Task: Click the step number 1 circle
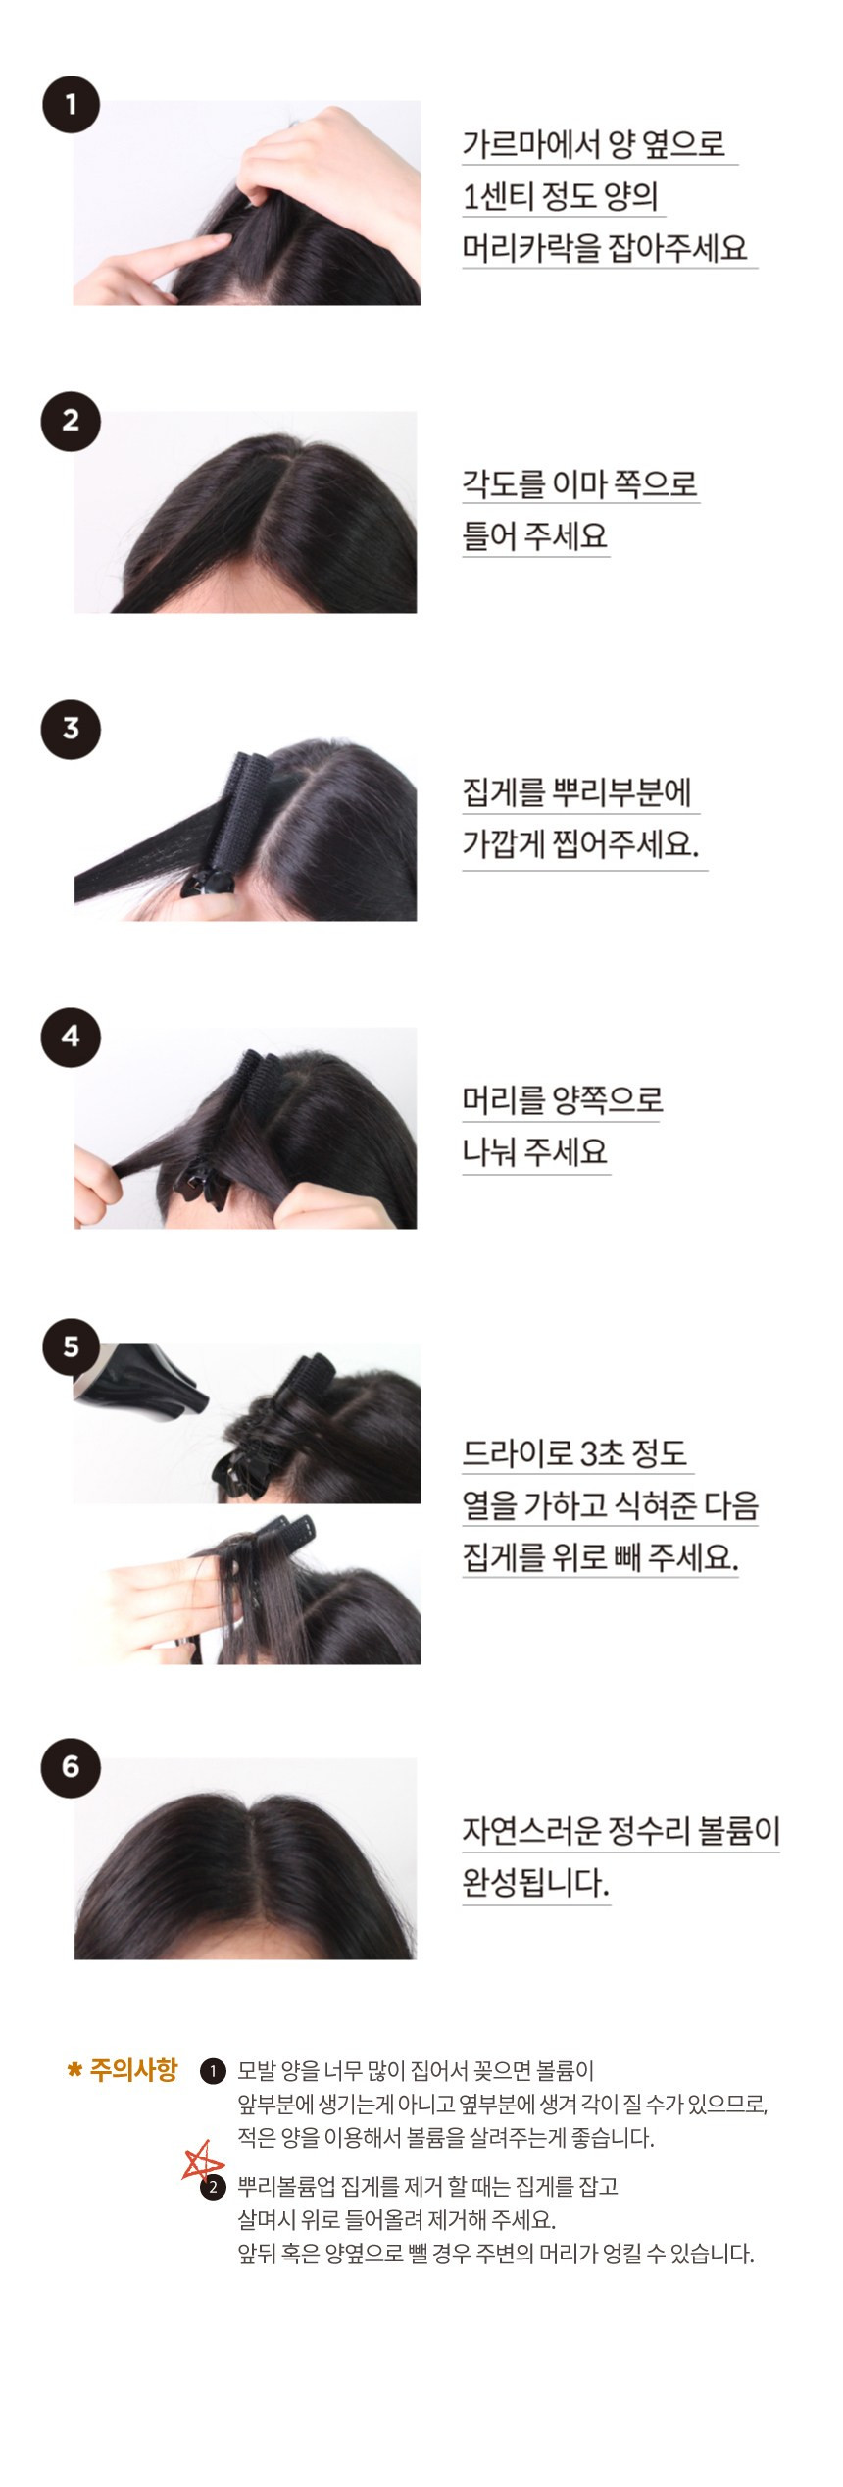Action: click(71, 103)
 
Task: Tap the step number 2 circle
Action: click(71, 421)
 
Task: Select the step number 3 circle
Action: click(71, 729)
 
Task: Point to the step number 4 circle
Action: click(71, 1037)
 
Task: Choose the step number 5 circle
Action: click(71, 1346)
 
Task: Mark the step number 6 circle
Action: click(71, 1766)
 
